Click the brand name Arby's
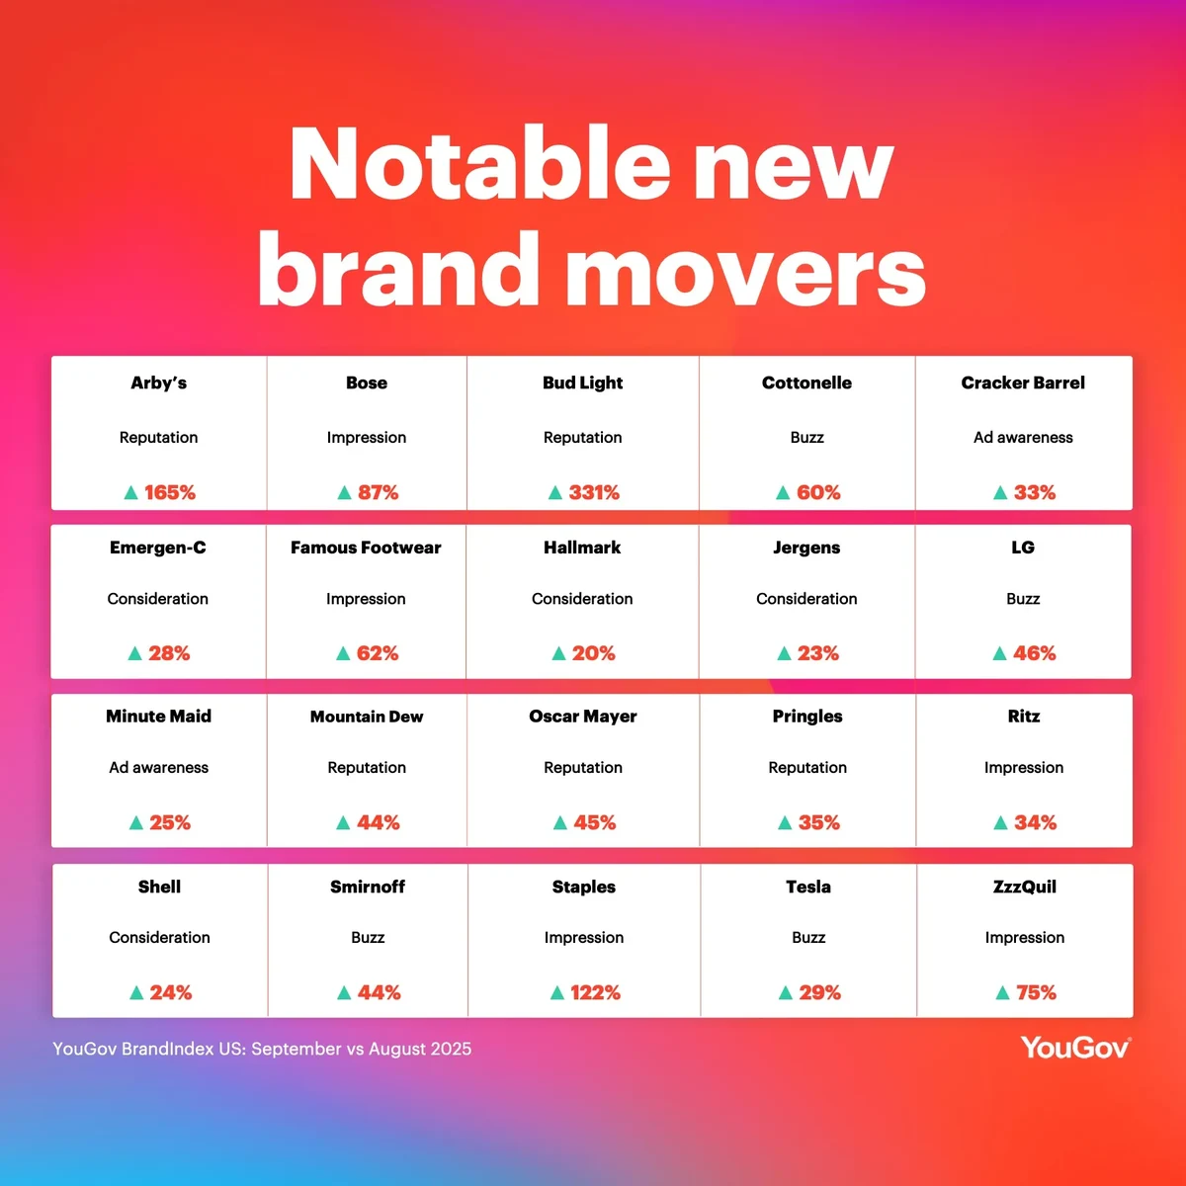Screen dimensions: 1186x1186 (x=158, y=382)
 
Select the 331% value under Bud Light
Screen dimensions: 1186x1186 (x=594, y=492)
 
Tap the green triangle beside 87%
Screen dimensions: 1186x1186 (x=344, y=492)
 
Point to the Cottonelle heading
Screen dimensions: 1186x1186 (x=806, y=382)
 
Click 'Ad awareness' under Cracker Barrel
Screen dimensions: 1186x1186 (x=1023, y=438)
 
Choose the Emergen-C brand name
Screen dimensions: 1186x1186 (x=157, y=548)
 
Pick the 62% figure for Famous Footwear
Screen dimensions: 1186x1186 (x=378, y=653)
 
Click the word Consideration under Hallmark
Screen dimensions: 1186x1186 (x=582, y=599)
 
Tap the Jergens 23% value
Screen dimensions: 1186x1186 (x=818, y=653)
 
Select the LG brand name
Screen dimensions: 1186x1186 (x=1023, y=548)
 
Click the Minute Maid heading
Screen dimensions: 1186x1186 (x=159, y=717)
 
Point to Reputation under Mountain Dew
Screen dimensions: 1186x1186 (x=367, y=768)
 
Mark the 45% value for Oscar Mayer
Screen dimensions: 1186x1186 (x=595, y=822)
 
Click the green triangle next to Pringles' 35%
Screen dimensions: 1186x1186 (x=785, y=822)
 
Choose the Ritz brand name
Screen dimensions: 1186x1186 (x=1024, y=717)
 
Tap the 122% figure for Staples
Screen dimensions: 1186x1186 (x=595, y=992)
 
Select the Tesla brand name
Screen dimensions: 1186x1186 (x=808, y=887)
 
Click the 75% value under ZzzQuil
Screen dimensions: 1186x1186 (x=1036, y=992)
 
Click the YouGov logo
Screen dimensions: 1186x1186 (x=1075, y=1048)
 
